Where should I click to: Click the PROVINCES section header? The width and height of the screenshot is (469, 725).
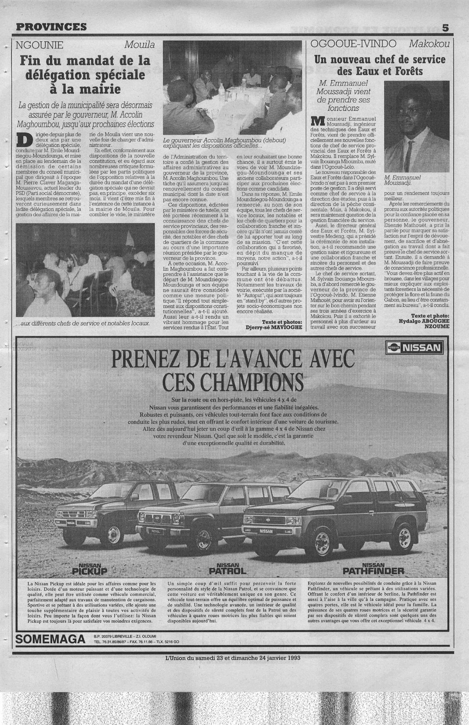click(x=51, y=27)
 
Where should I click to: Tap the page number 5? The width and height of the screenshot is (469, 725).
click(x=445, y=27)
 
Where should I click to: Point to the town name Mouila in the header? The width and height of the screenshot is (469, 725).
click(x=140, y=44)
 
